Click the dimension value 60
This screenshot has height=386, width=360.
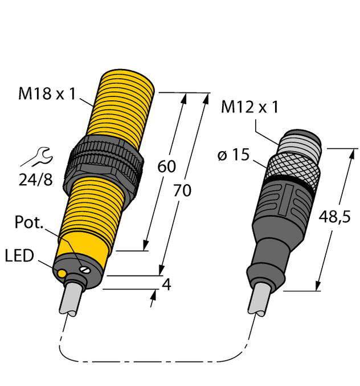[x=166, y=167]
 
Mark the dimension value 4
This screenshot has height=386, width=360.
[x=166, y=285]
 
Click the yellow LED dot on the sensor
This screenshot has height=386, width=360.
[x=61, y=273]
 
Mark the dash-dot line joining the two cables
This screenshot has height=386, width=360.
[x=154, y=361]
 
